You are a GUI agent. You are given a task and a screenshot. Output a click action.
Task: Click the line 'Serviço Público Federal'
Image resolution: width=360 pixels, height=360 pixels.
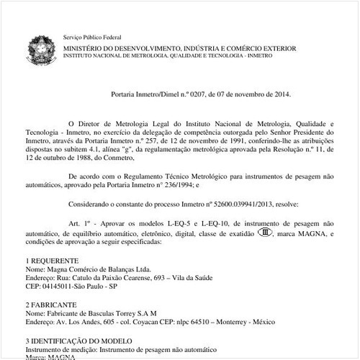(92, 36)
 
